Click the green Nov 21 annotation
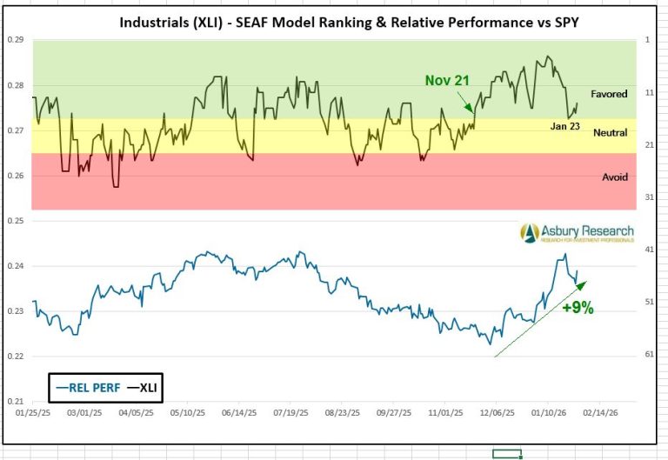pos(447,81)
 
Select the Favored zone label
pos(609,94)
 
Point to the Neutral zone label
pos(610,133)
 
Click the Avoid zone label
pos(615,177)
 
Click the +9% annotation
pos(578,308)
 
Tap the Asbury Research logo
pos(578,232)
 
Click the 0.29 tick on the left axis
pos(15,40)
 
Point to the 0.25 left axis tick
pos(15,221)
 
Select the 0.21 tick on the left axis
pos(15,402)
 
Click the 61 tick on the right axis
pos(651,355)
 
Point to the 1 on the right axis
pos(648,40)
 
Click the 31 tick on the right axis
pos(651,197)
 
